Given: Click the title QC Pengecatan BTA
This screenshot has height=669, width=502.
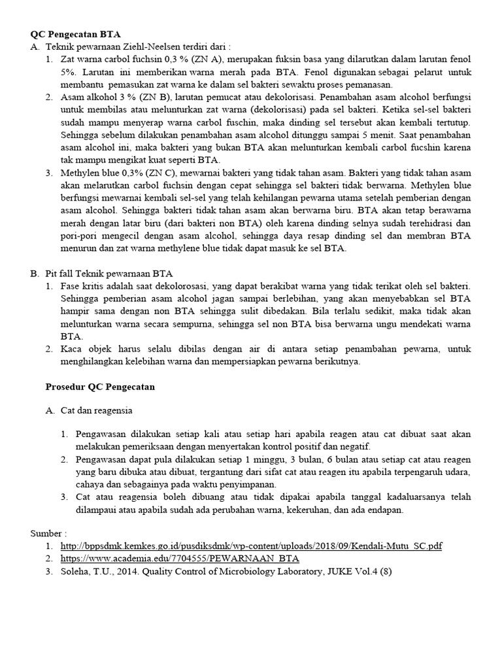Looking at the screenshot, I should point(76,34).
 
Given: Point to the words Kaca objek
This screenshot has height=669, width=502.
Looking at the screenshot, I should point(84,349).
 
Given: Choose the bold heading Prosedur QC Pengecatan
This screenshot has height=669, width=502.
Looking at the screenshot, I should point(100,387).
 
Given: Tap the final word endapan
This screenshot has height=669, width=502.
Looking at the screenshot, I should point(386,510).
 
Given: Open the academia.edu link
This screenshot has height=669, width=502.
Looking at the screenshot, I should point(179,559).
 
